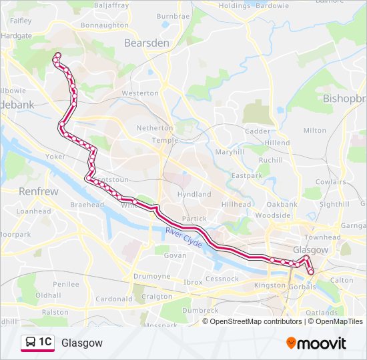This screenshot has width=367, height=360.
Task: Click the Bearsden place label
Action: (x=145, y=42)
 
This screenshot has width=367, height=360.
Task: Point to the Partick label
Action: (x=194, y=218)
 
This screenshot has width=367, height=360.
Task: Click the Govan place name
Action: (x=175, y=255)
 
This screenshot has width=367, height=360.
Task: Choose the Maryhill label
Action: (x=230, y=151)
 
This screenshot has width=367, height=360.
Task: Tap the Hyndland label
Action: (x=194, y=194)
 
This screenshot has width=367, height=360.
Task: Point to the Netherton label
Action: (x=154, y=127)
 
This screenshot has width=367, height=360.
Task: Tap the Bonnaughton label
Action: (x=104, y=25)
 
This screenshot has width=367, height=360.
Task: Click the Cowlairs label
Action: (x=330, y=181)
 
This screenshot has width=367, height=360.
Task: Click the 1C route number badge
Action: (x=45, y=342)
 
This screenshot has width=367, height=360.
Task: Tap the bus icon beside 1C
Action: (x=31, y=343)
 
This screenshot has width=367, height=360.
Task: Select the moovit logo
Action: (x=316, y=343)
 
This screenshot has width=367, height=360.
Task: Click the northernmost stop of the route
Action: (x=57, y=55)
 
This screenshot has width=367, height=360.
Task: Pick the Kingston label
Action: (x=270, y=285)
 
